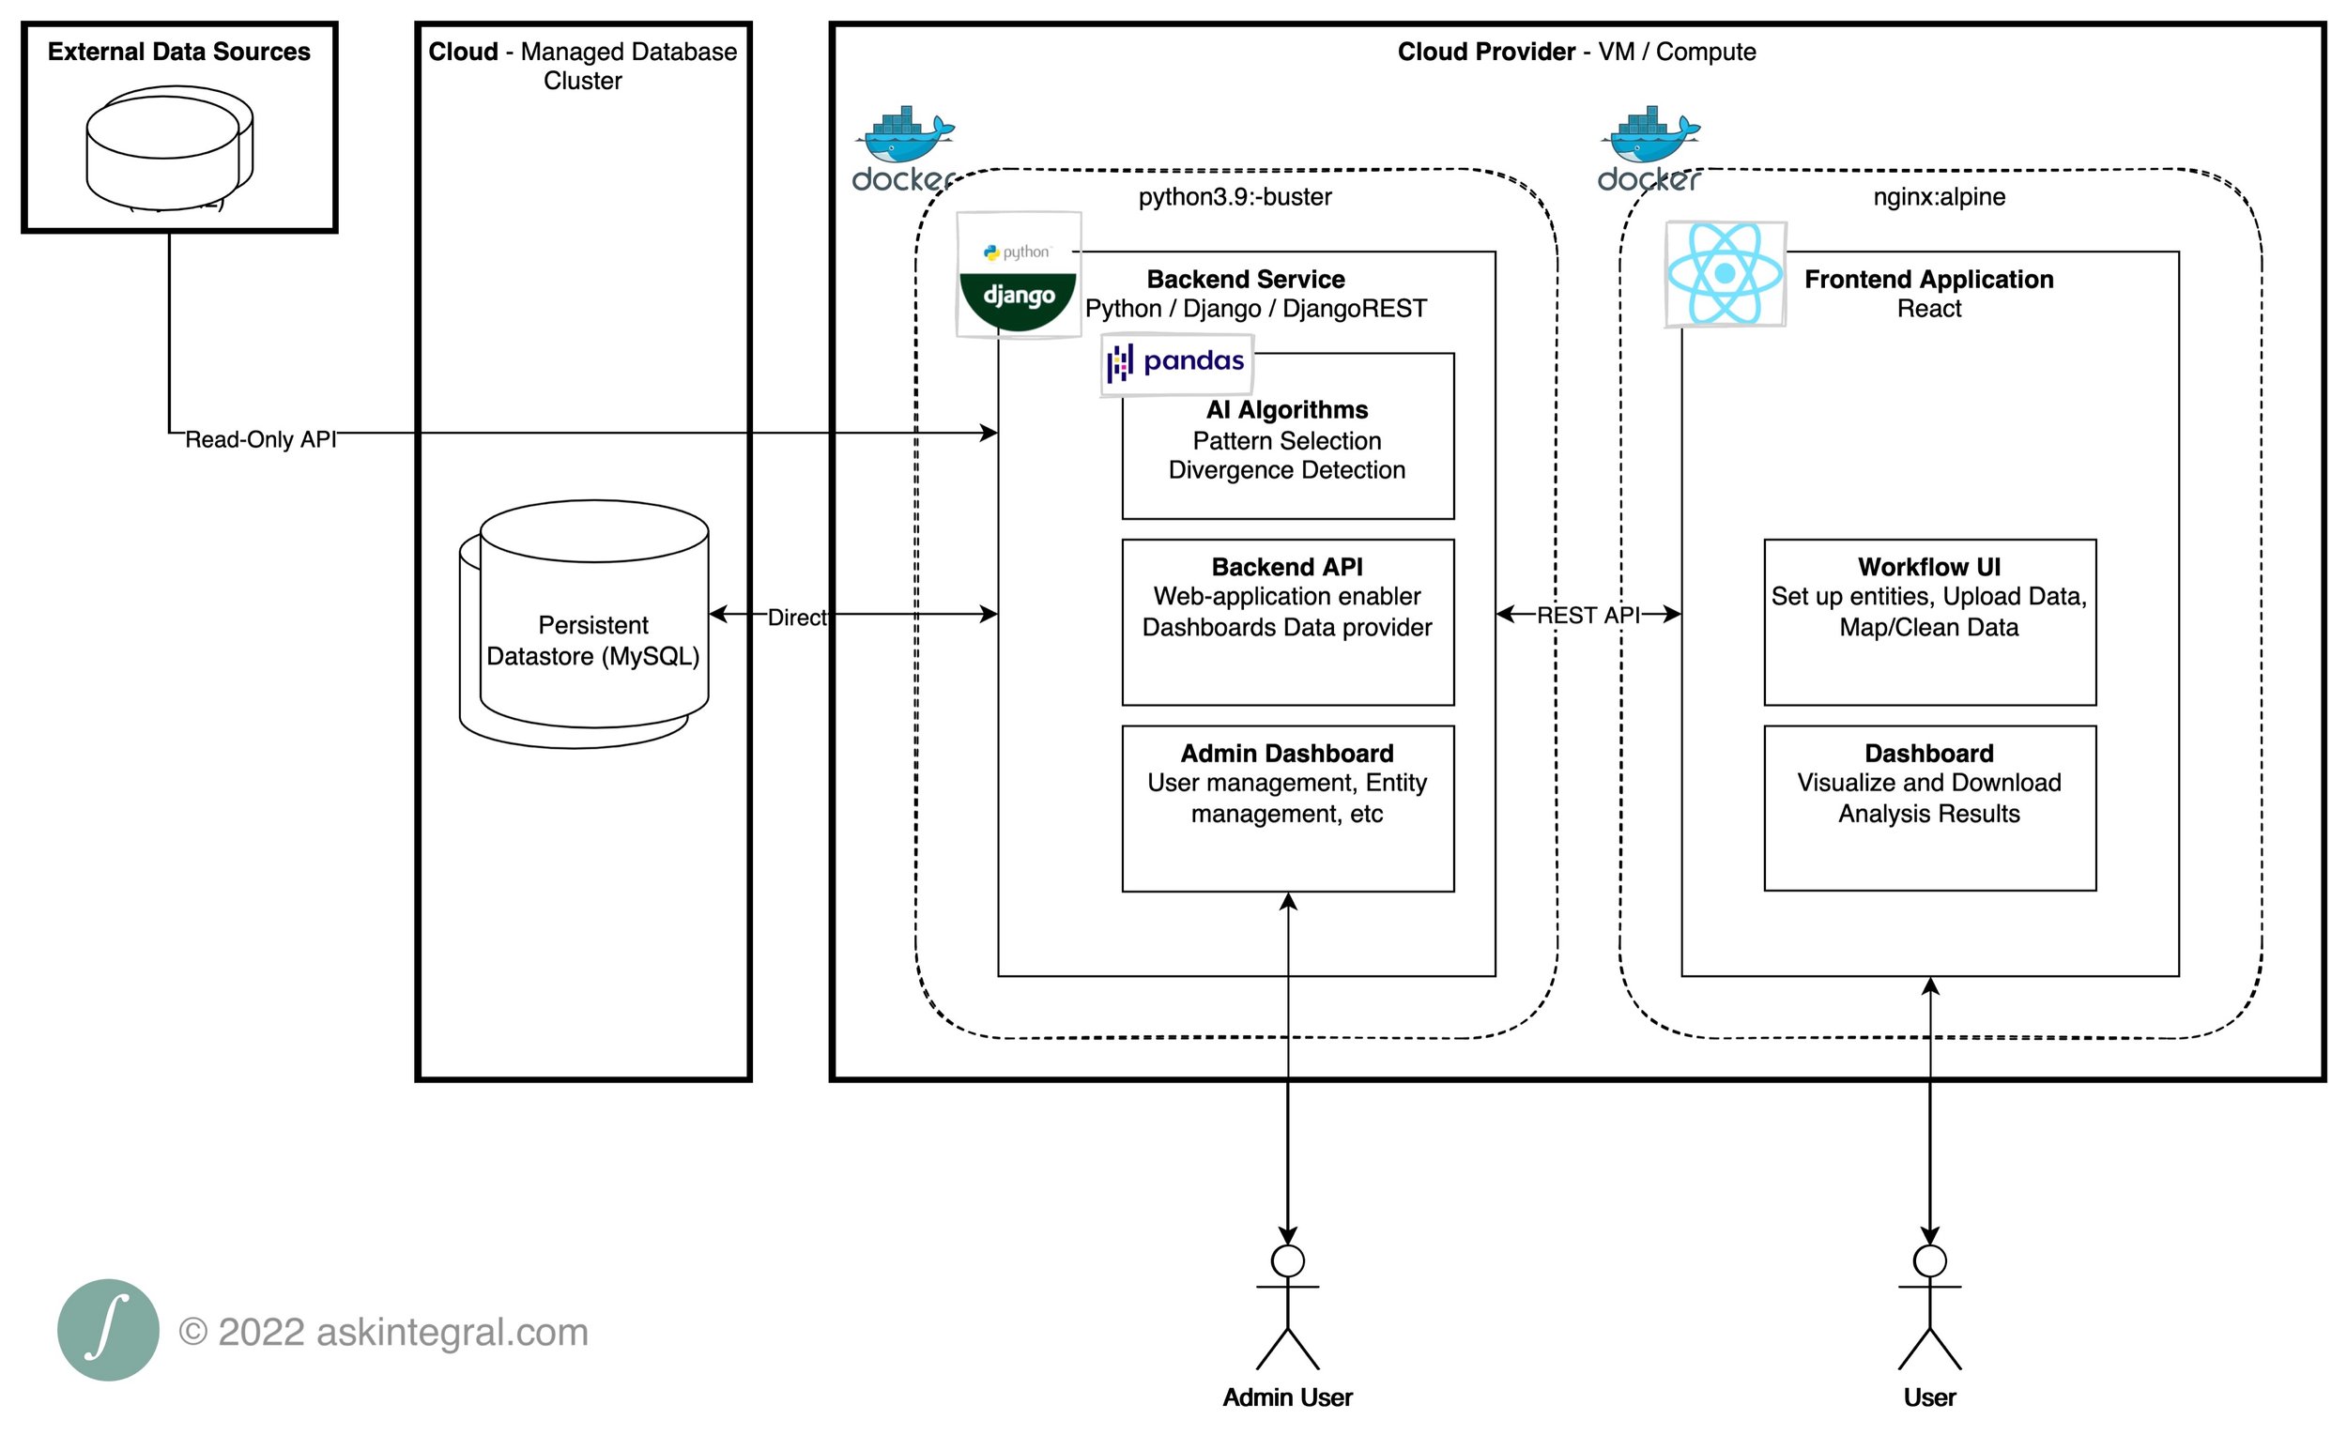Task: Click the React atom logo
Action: (1724, 273)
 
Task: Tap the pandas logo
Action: (1176, 363)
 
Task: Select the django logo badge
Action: (1019, 274)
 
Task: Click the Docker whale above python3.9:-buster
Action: (903, 148)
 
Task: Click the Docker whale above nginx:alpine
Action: (1649, 148)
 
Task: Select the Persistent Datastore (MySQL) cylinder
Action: (584, 624)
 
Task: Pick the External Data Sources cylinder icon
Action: (170, 147)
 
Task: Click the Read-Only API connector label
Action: (260, 439)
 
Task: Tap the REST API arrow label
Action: (1588, 615)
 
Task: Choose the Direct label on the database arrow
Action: (797, 617)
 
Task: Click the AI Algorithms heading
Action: (1287, 409)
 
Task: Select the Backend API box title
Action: (1287, 567)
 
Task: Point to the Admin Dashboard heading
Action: (1287, 754)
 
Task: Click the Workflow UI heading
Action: (1929, 567)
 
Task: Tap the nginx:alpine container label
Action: (1939, 196)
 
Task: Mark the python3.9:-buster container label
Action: (1235, 196)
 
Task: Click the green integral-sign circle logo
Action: (108, 1329)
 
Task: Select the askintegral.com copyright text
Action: (384, 1331)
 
